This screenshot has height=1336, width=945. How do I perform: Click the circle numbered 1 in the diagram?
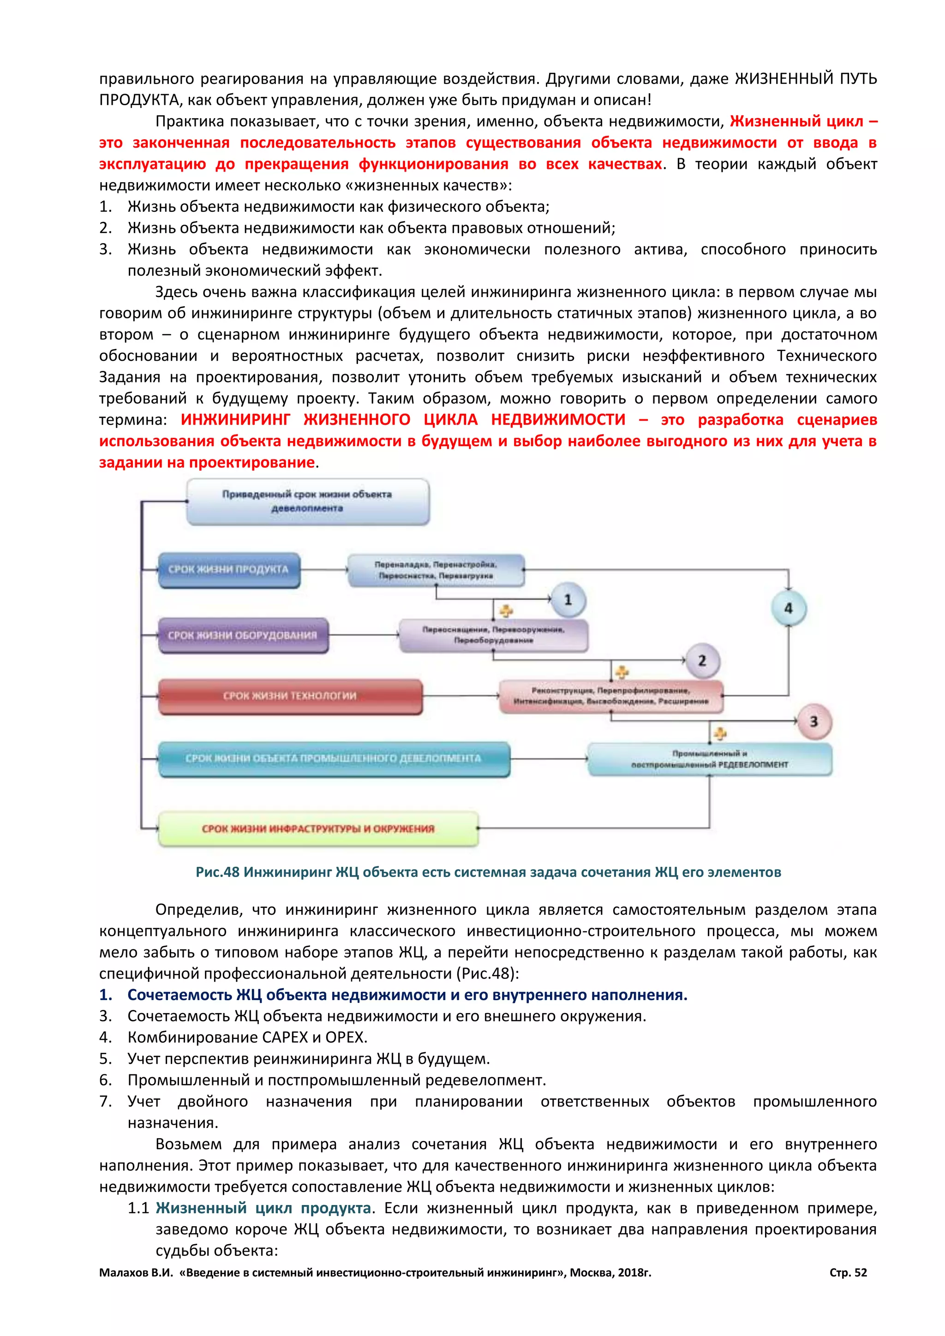[x=568, y=599]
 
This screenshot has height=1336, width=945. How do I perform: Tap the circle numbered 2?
[x=702, y=661]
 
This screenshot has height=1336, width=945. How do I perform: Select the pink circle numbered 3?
[x=813, y=722]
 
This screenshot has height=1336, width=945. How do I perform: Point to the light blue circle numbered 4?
[x=789, y=608]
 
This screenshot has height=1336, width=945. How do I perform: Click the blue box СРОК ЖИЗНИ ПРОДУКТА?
[x=229, y=570]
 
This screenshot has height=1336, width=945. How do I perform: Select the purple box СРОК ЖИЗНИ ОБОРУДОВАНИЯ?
[x=243, y=635]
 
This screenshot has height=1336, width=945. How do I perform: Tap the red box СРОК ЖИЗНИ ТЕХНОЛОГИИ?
[x=290, y=696]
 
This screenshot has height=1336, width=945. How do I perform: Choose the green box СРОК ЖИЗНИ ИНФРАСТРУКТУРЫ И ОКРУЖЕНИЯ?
[x=318, y=829]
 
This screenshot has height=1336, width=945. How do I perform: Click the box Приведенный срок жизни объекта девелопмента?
[x=307, y=501]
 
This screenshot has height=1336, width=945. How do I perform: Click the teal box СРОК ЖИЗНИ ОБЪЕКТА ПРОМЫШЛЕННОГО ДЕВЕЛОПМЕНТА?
[x=334, y=759]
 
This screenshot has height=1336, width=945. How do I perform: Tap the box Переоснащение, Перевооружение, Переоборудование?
[x=493, y=635]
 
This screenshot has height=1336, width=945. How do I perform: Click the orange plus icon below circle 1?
[x=506, y=610]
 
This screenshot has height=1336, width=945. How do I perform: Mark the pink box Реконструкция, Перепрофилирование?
[x=611, y=696]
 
